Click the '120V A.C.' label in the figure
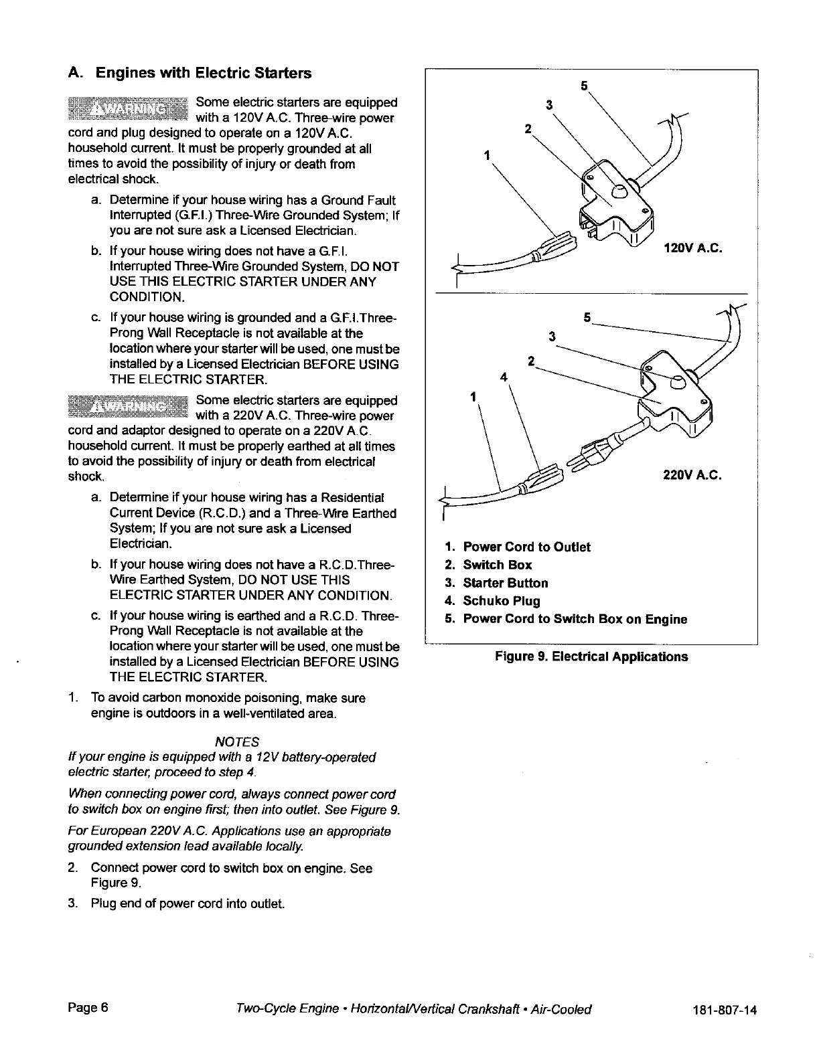692,249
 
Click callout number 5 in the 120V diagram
583,86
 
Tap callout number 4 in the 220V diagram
504,376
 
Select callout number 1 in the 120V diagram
488,156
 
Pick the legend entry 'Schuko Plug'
501,601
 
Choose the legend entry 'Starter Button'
505,583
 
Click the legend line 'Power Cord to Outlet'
526,547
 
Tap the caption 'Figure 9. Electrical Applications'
591,656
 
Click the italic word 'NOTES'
236,742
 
